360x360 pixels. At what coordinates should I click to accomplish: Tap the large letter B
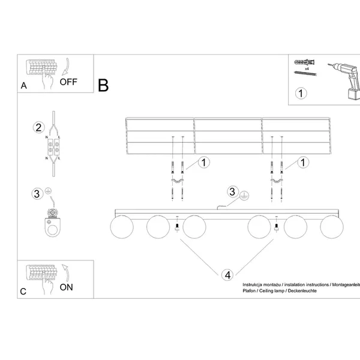click(104, 85)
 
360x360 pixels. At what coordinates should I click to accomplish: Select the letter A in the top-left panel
click(23, 85)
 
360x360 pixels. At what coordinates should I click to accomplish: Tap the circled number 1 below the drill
click(301, 93)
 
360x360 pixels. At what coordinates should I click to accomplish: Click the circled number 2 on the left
click(38, 127)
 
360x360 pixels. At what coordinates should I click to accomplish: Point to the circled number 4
click(227, 275)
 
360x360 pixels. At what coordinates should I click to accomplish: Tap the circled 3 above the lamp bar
click(233, 192)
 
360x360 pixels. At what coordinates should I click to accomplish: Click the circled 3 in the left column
click(37, 193)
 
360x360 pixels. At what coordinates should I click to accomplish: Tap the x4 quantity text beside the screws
click(306, 69)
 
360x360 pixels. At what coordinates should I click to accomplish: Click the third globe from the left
click(195, 227)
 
